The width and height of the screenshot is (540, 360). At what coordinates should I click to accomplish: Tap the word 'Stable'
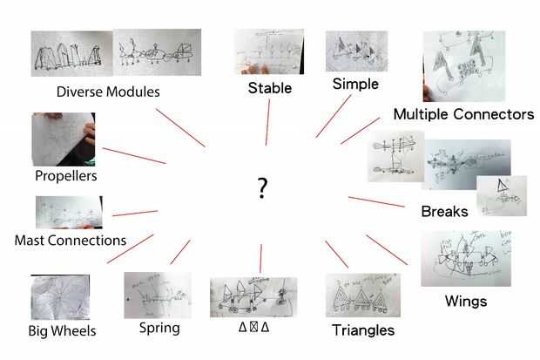tap(269, 88)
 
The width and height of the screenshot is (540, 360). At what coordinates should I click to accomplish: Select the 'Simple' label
tap(355, 85)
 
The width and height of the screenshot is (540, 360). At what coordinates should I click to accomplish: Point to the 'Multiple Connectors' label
tap(463, 114)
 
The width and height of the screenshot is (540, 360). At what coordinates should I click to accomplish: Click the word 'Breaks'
tap(444, 212)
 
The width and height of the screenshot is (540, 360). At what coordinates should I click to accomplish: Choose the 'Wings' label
tap(465, 302)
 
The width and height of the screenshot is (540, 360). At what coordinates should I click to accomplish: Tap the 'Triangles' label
tap(363, 330)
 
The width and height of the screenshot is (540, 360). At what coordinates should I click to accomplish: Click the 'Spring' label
tap(159, 329)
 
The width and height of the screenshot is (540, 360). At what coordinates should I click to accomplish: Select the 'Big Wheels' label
tap(61, 331)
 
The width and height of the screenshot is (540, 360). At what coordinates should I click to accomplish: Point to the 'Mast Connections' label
tap(71, 240)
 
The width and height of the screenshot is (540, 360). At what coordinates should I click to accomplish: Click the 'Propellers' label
tap(66, 176)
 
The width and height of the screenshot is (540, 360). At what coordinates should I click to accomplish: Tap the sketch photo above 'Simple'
tap(356, 51)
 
